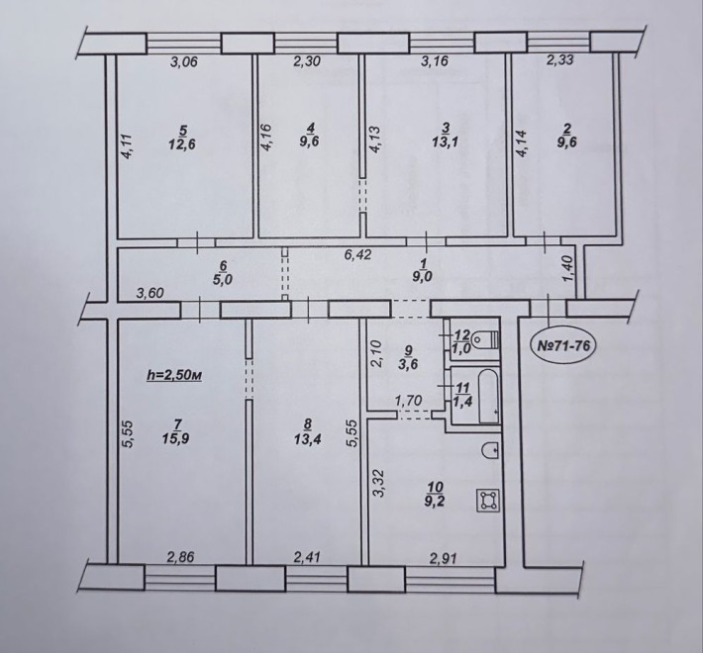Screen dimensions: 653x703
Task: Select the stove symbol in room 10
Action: pos(486,502)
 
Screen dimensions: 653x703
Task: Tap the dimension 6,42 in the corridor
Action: pos(357,256)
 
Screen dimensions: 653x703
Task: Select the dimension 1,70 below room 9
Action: pos(408,402)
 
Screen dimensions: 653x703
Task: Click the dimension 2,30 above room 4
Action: pos(308,65)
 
